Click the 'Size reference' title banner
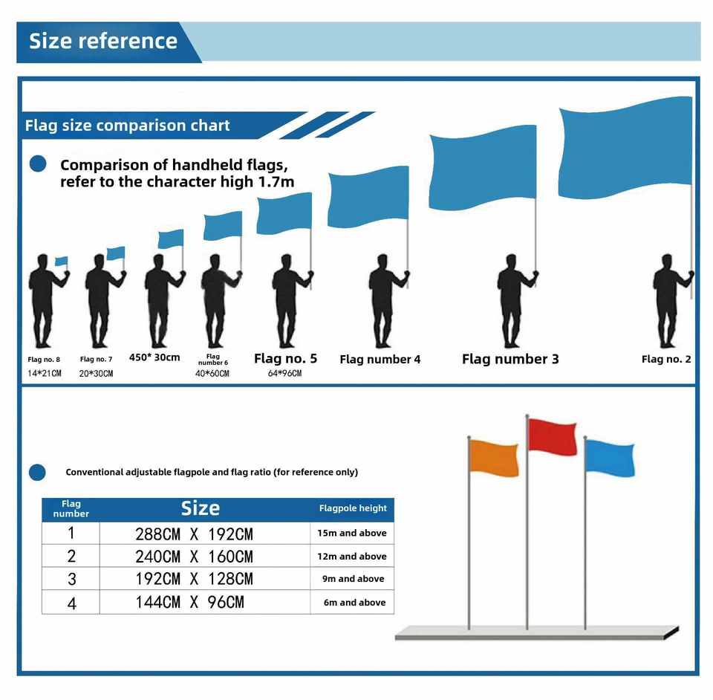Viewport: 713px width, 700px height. pyautogui.click(x=103, y=41)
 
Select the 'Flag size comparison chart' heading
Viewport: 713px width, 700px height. pyautogui.click(x=127, y=125)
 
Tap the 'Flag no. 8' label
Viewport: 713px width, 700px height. pyautogui.click(x=44, y=360)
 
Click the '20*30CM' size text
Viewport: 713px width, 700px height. pyautogui.click(x=96, y=374)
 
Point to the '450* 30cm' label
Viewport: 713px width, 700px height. pyautogui.click(x=154, y=357)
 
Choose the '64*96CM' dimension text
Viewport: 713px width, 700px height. pyautogui.click(x=284, y=374)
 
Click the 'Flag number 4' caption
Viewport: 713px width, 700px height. pyautogui.click(x=380, y=360)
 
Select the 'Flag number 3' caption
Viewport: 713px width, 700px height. pyautogui.click(x=509, y=360)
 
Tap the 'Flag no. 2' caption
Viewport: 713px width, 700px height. pyautogui.click(x=666, y=360)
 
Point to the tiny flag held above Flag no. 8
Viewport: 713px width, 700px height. pyautogui.click(x=61, y=262)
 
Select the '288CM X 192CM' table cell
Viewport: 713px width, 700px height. pyautogui.click(x=194, y=534)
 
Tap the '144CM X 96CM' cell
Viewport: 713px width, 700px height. pyautogui.click(x=189, y=603)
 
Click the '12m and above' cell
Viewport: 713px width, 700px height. pyautogui.click(x=352, y=556)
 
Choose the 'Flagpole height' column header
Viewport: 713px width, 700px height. pyautogui.click(x=353, y=509)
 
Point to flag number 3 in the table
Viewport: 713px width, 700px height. pyautogui.click(x=71, y=579)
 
